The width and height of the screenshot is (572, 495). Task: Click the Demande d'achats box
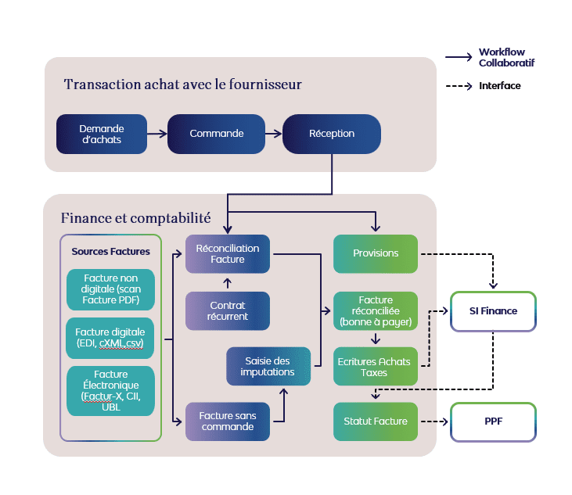(101, 134)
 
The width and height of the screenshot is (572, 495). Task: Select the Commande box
(216, 134)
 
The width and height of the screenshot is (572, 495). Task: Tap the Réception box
(332, 134)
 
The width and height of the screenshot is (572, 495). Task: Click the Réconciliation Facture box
(228, 253)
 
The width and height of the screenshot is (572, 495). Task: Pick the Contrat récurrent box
(228, 310)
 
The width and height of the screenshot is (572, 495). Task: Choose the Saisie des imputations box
(268, 366)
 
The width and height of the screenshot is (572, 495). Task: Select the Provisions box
(376, 253)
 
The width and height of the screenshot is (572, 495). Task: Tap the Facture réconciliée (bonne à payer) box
(376, 310)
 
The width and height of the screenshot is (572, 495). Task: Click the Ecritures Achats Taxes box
(376, 367)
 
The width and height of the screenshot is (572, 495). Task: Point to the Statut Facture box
(376, 421)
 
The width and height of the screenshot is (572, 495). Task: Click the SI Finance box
(493, 311)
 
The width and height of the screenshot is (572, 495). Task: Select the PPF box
(493, 421)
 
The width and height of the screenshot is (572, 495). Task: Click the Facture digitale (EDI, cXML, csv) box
(110, 337)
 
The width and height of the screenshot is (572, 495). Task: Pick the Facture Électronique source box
(110, 391)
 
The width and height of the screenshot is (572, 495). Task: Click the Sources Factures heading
(110, 252)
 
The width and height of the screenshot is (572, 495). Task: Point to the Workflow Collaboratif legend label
(506, 57)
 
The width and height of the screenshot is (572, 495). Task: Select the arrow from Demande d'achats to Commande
(156, 134)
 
